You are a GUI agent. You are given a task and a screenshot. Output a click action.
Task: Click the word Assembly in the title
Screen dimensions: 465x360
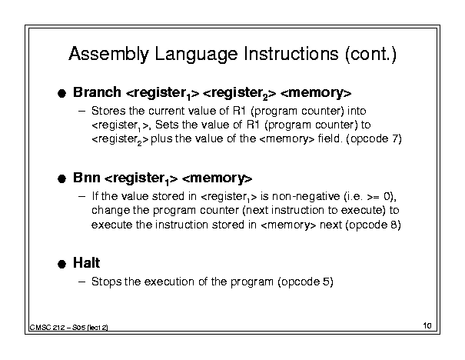click(x=108, y=55)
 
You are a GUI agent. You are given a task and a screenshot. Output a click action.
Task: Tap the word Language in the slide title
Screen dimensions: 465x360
click(x=196, y=55)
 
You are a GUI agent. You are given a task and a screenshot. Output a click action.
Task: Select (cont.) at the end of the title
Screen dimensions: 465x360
click(x=370, y=55)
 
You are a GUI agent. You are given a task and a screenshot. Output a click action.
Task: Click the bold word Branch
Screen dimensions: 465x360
click(x=97, y=92)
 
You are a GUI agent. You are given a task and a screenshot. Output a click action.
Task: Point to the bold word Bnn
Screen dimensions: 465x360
click(x=87, y=178)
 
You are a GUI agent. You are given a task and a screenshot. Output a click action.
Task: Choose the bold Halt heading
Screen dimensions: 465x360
click(x=87, y=263)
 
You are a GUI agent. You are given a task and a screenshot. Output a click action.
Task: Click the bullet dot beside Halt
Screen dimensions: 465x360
click(x=61, y=264)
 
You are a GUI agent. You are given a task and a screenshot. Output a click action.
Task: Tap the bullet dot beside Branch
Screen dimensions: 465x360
click(x=61, y=94)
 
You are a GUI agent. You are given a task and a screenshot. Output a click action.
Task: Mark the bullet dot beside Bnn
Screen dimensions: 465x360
click(x=61, y=179)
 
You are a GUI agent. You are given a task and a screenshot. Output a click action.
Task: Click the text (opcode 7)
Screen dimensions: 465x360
click(x=376, y=139)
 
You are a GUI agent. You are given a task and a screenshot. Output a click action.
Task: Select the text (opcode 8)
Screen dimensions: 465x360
click(x=373, y=225)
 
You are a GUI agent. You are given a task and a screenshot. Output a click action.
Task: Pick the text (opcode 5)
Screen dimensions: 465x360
click(x=305, y=282)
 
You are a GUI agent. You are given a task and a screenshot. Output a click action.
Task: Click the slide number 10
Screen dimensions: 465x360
click(x=427, y=325)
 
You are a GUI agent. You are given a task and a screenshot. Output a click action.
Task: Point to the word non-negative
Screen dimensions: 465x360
click(x=306, y=196)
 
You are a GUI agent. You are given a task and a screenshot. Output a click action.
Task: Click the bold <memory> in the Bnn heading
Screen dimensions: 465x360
click(x=217, y=178)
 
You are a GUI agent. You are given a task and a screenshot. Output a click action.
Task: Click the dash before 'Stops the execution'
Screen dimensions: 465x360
click(x=81, y=282)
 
